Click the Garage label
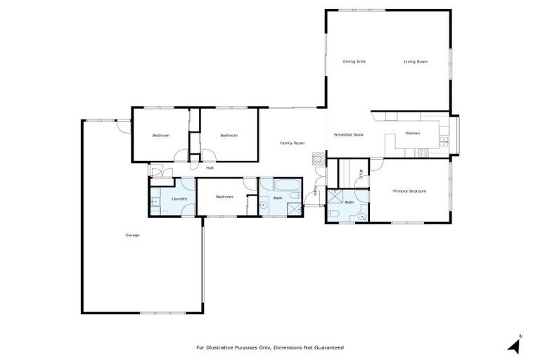(132, 235)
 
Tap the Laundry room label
(179, 199)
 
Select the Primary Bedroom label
(409, 191)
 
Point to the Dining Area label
(354, 62)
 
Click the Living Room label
(416, 62)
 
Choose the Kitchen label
(412, 134)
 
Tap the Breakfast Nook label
(349, 134)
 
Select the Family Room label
(292, 143)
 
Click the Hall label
(210, 168)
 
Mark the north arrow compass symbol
(515, 345)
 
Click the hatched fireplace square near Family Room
(319, 158)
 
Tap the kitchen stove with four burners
(424, 153)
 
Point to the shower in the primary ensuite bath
(335, 198)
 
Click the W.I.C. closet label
(361, 174)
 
